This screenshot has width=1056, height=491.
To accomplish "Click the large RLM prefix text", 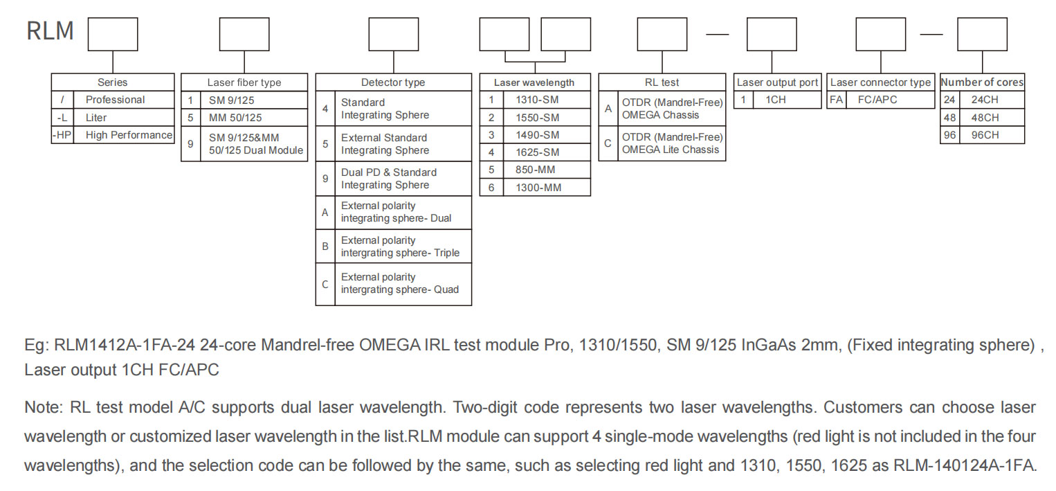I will pos(50,32).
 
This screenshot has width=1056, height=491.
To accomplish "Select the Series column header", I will pos(112,82).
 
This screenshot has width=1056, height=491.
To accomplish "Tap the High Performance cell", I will pos(129,135).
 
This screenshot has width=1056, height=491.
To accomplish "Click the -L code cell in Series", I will pos(62,118).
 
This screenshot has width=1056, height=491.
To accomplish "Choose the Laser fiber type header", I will pos(244,82).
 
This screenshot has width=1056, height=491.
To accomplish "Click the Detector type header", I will pos(393,82).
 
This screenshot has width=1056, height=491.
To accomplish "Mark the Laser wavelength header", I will pos(534,82).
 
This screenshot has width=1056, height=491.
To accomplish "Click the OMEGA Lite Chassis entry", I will pos(671,143).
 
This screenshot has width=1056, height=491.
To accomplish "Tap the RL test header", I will pos(662,82).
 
